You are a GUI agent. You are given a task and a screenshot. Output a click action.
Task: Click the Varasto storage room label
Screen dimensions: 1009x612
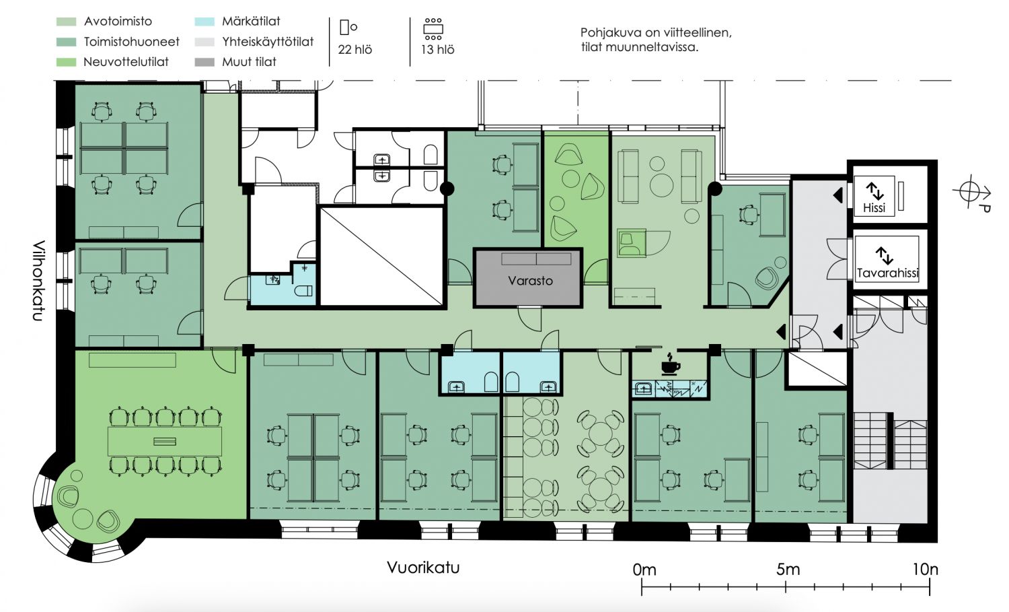(530, 281)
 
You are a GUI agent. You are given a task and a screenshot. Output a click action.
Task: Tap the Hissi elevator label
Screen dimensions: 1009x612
(874, 208)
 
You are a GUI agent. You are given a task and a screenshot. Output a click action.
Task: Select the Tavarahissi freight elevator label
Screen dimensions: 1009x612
(887, 273)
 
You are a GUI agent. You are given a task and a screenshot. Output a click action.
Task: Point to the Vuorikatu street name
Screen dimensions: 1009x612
(423, 568)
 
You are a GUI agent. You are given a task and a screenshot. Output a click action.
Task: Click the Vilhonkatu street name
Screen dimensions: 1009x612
(39, 281)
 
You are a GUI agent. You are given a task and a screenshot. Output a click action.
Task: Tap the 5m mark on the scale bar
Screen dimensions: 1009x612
(786, 586)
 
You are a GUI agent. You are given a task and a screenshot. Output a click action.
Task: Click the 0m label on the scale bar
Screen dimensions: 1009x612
(644, 570)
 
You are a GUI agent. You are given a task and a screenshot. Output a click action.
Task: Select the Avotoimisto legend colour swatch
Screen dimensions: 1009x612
(66, 22)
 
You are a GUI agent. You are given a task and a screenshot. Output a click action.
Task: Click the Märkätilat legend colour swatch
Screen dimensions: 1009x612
(204, 22)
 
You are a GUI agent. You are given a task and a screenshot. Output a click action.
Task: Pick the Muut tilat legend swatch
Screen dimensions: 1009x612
(204, 62)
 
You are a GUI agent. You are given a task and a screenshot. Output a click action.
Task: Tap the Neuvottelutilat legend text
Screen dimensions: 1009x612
(126, 62)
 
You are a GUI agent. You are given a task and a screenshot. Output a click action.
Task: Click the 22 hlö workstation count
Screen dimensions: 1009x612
(355, 50)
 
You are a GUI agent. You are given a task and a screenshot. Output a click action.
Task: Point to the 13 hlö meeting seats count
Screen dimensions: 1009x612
(437, 50)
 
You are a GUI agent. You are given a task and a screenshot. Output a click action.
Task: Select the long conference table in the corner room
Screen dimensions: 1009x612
(165, 441)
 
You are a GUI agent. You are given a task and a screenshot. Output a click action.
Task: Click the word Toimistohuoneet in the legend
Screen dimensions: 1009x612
(132, 42)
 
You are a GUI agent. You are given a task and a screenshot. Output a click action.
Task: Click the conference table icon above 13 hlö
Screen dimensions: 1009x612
(433, 29)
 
